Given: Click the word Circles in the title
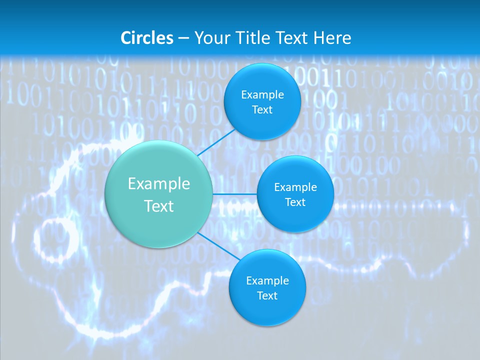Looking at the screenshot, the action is click(x=147, y=37).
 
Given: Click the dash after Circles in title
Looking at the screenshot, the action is click(x=183, y=38).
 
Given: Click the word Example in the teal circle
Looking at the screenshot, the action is click(x=159, y=183).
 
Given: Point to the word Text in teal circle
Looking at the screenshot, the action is click(x=159, y=206).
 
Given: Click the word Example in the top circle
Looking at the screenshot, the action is click(x=262, y=94).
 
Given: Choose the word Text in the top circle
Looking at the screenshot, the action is click(x=262, y=109).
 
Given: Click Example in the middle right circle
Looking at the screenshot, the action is click(x=295, y=187).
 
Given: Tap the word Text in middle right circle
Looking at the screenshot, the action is click(x=295, y=202).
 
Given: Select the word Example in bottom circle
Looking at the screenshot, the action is click(x=267, y=280).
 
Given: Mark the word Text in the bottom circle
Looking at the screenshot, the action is click(x=267, y=295).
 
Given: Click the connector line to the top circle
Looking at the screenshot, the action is click(x=216, y=142).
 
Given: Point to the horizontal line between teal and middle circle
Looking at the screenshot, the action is click(x=234, y=194).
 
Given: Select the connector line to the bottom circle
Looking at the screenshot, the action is click(x=218, y=246).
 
